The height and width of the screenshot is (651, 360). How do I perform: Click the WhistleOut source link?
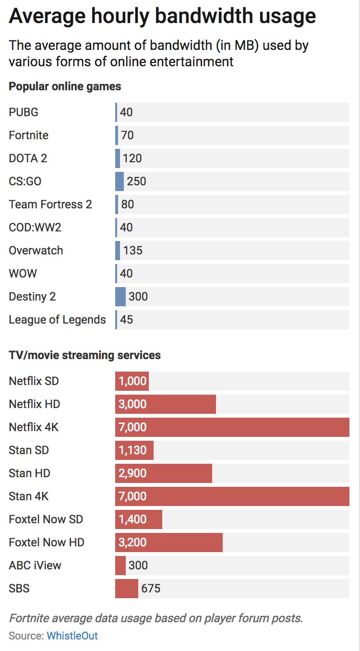click(72, 636)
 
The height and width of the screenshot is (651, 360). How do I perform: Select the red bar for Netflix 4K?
click(232, 427)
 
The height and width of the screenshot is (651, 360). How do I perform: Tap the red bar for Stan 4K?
click(232, 496)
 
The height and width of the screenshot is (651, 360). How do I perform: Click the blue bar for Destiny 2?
click(120, 297)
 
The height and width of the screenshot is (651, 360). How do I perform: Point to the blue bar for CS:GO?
click(119, 181)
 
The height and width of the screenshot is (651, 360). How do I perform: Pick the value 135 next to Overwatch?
click(132, 251)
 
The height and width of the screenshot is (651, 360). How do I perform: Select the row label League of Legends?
click(57, 320)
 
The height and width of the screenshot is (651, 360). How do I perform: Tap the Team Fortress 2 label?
click(50, 205)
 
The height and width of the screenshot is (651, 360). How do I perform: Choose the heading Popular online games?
click(65, 87)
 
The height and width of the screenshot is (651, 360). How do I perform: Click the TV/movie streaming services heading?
click(84, 356)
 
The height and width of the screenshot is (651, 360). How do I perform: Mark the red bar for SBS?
click(126, 589)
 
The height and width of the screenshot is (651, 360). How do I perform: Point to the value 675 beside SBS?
click(151, 589)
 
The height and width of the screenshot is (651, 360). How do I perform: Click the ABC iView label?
click(35, 566)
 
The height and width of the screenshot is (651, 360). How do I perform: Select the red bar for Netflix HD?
click(165, 404)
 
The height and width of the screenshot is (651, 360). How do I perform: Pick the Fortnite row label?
click(28, 135)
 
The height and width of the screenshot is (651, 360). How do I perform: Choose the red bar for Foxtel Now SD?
click(138, 519)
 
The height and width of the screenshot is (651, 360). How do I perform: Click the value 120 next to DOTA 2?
click(132, 158)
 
